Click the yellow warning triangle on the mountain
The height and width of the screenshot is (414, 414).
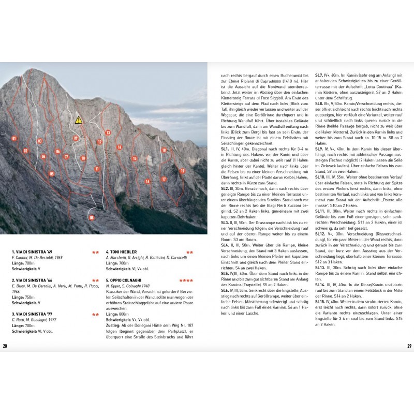pos(79,120)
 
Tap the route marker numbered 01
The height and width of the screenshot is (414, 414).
pos(13,138)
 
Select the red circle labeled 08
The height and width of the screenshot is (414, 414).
pos(92,218)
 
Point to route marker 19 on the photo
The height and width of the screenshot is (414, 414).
pos(182,171)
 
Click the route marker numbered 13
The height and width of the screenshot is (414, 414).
pos(108,133)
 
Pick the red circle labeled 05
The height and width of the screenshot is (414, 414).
pos(51,174)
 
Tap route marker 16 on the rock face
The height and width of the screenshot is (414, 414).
pos(147,182)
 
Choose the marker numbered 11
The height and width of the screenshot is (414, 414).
pos(97,169)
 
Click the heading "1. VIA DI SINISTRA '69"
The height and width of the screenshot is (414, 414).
pos(33,252)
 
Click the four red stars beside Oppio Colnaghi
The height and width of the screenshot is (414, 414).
pos(186,280)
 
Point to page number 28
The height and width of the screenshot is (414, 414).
pos(5,346)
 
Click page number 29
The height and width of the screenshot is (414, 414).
pos(408,346)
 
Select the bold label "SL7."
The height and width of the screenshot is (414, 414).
pos(319,76)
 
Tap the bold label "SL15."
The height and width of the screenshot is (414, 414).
pos(321,300)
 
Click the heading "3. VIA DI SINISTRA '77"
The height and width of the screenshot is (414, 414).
pos(33,314)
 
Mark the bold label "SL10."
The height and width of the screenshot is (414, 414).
pos(321,176)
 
